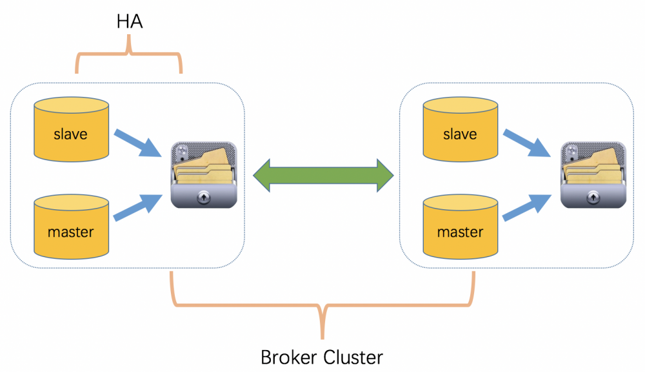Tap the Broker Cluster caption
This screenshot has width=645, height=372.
[321, 356]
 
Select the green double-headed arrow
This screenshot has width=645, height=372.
[322, 174]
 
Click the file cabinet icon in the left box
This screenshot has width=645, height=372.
[204, 175]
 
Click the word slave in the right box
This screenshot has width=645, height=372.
[460, 134]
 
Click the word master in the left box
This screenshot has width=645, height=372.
[71, 231]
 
